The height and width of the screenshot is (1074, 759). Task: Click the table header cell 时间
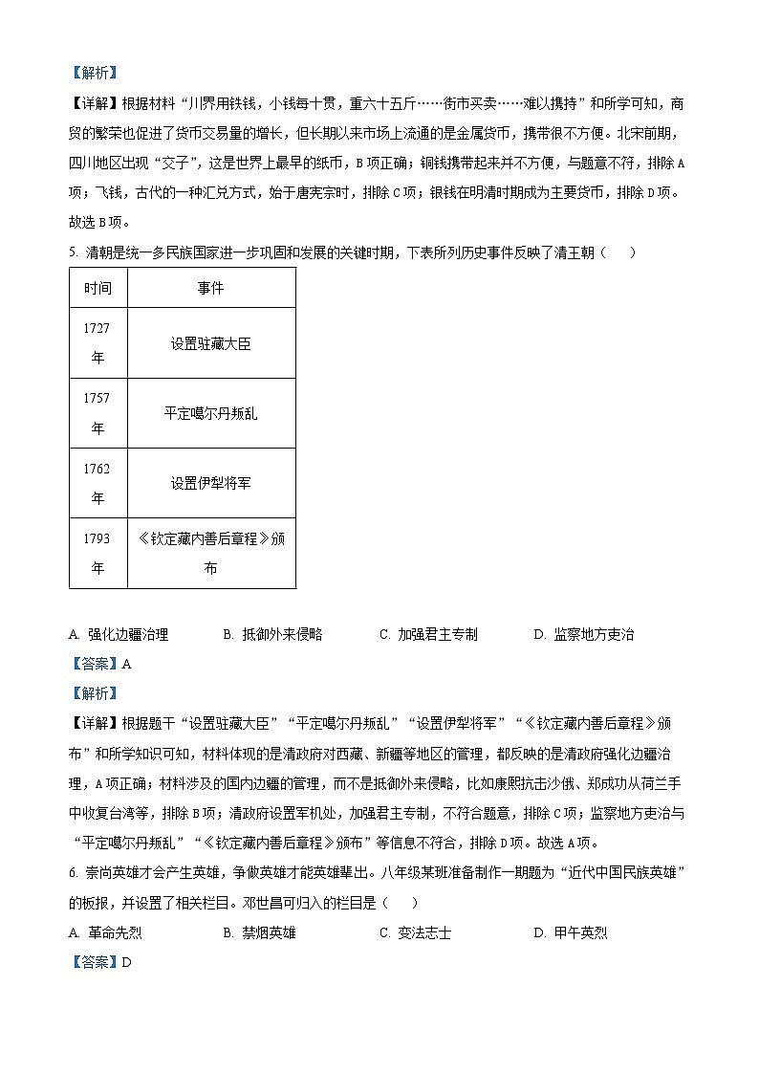point(98,288)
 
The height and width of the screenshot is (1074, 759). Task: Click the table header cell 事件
point(211,288)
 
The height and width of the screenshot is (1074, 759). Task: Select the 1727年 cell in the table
point(98,342)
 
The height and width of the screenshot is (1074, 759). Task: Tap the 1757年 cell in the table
point(98,413)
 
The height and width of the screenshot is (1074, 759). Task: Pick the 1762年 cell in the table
point(98,483)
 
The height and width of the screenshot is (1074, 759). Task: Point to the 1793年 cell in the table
point(98,553)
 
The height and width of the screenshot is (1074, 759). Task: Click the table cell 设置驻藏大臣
point(211,343)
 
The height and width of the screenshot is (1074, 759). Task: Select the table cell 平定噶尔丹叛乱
point(211,413)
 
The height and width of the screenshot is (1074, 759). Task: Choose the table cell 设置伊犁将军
point(211,483)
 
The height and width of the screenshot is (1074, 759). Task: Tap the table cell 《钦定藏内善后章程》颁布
point(211,553)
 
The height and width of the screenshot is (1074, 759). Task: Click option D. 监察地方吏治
point(583,634)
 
